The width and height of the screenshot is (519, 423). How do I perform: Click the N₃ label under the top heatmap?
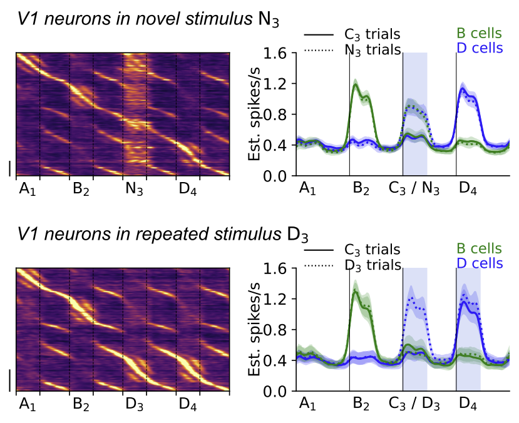pos(132,190)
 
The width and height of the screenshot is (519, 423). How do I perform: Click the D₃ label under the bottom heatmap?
pos(132,404)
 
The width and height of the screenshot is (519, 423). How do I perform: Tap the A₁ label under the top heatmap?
pos(26,190)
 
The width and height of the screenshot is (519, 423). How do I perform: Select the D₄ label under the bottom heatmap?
pos(187,404)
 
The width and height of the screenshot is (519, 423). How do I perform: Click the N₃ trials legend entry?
pos(373,50)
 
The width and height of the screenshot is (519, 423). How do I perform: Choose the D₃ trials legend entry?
pos(373,265)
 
